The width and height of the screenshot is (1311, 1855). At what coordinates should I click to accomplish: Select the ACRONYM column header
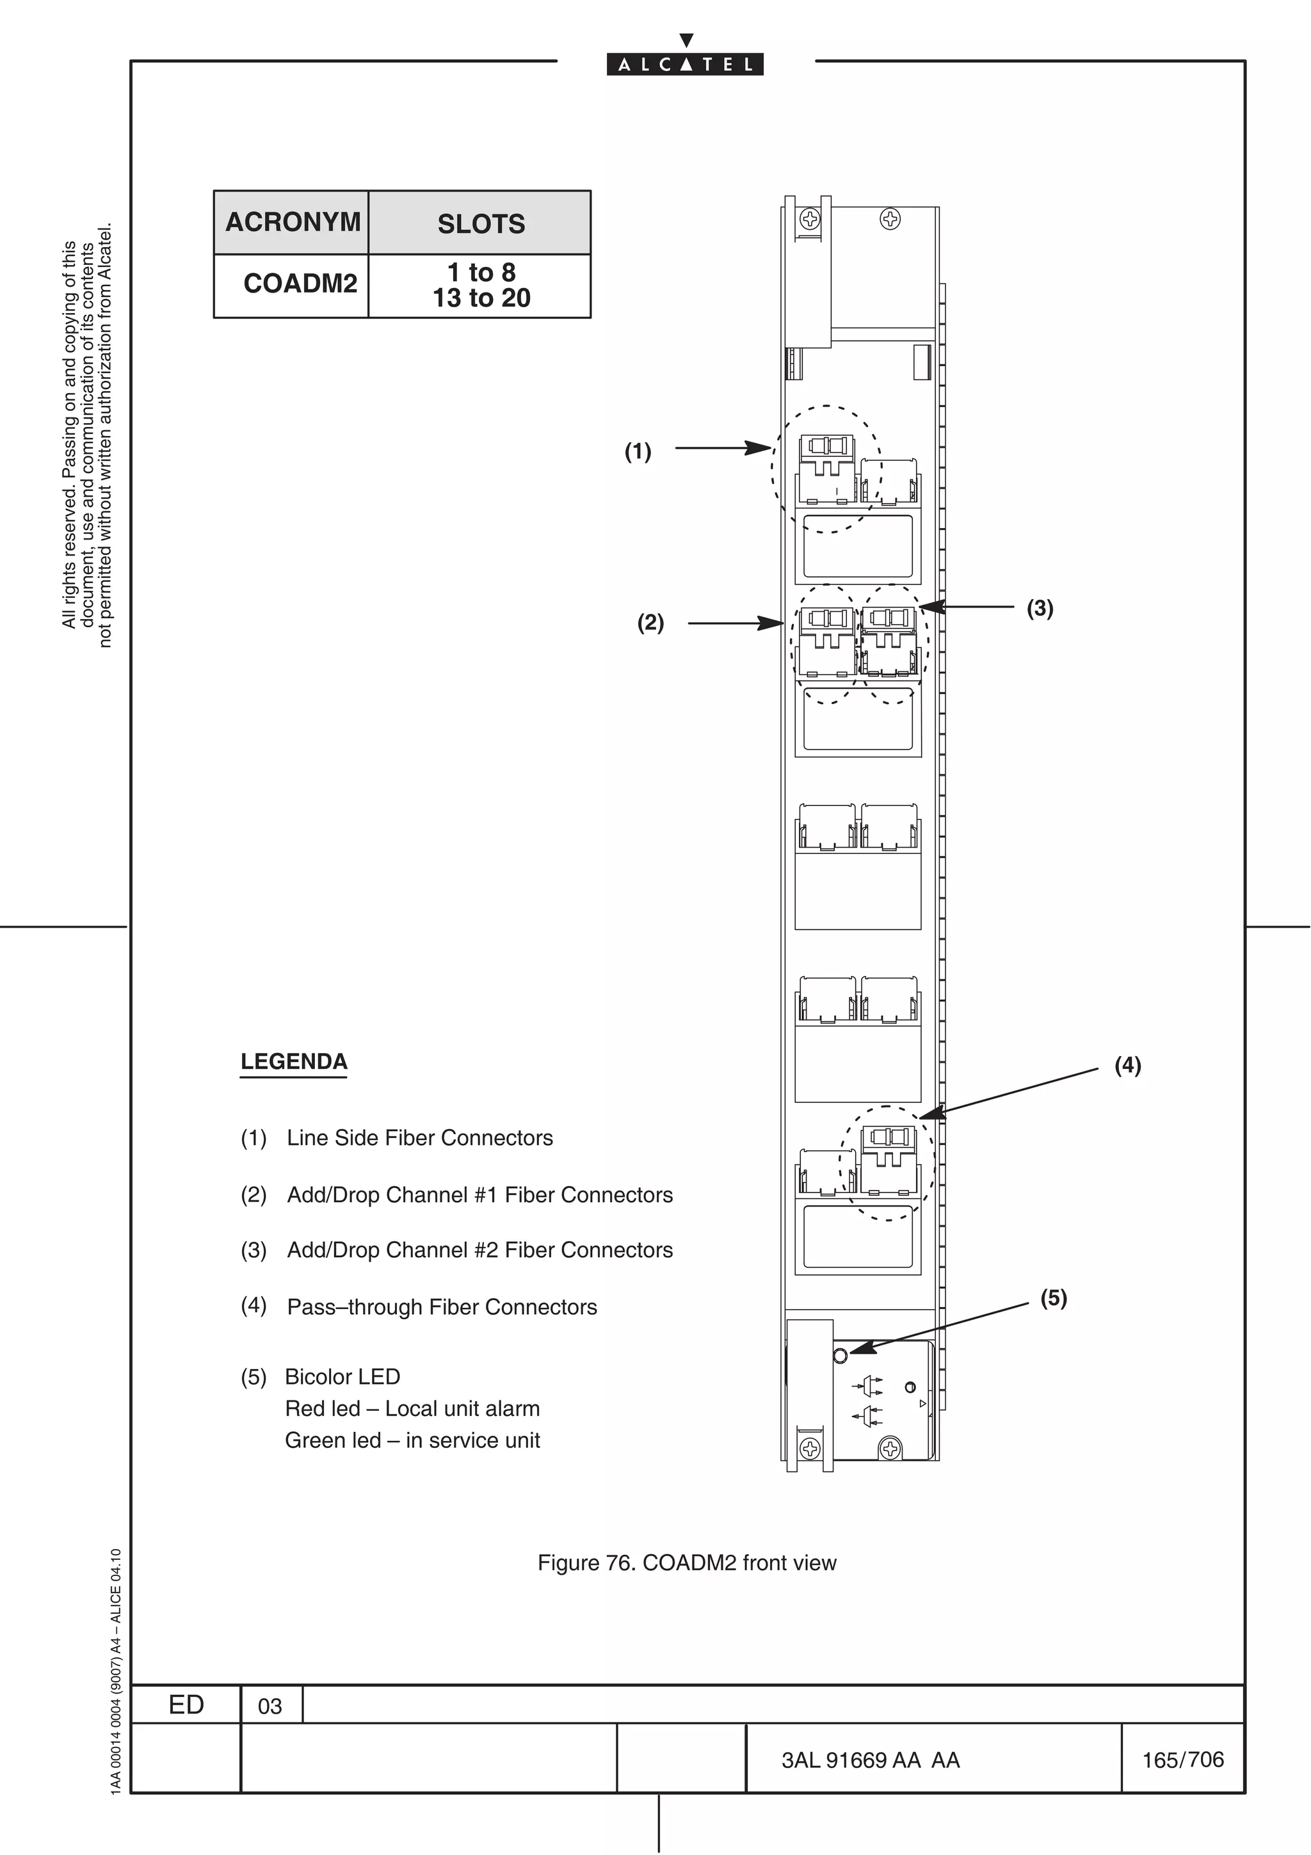click(x=292, y=222)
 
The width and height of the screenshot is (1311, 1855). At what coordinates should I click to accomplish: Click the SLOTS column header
click(x=481, y=224)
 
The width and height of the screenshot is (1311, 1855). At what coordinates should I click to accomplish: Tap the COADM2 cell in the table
click(x=300, y=284)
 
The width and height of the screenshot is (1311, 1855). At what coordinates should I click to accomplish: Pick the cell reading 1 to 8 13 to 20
click(x=481, y=285)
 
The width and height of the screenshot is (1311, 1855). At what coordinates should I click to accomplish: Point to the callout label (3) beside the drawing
click(x=1040, y=607)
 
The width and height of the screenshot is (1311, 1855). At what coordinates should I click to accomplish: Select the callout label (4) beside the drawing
click(x=1128, y=1065)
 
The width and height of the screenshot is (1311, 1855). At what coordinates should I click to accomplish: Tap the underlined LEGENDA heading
click(x=294, y=1062)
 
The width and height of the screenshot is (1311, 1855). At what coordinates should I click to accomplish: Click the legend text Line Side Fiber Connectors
click(x=419, y=1137)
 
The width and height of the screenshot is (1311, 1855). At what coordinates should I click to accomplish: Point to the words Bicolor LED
click(x=342, y=1376)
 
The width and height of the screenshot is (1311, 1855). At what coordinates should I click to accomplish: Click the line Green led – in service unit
click(x=412, y=1440)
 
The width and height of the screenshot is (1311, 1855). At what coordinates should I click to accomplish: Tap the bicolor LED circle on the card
click(x=840, y=1354)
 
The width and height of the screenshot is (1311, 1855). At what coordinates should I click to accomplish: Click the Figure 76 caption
click(x=687, y=1562)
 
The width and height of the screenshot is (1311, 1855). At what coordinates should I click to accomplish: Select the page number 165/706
click(x=1182, y=1759)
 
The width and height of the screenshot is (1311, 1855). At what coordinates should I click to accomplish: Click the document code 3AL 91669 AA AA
click(x=870, y=1760)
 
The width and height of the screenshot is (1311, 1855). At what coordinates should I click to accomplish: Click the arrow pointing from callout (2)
click(x=735, y=623)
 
